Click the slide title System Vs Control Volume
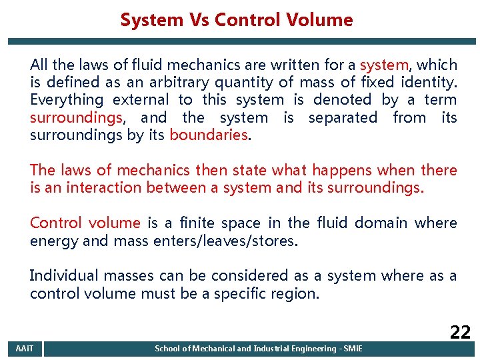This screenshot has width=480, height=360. pyautogui.click(x=237, y=20)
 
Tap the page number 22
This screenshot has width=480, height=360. pyautogui.click(x=460, y=332)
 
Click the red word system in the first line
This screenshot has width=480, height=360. pyautogui.click(x=384, y=65)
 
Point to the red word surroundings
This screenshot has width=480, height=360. pyautogui.click(x=75, y=118)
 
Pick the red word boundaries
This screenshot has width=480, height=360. pyautogui.click(x=209, y=135)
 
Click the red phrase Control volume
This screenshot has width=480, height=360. pyautogui.click(x=85, y=223)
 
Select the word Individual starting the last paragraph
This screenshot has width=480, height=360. pyautogui.click(x=62, y=275)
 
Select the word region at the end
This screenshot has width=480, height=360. pyautogui.click(x=295, y=293)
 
